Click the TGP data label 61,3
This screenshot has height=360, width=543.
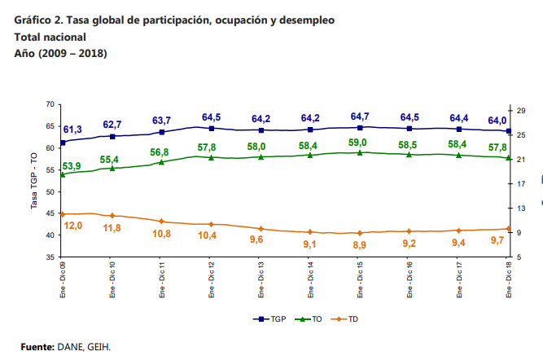tap(72, 130)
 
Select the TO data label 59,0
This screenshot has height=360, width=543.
tap(359, 143)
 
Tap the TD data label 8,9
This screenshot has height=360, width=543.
tap(359, 244)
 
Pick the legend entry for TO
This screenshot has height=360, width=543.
tap(310, 319)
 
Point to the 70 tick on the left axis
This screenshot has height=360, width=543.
tap(50, 104)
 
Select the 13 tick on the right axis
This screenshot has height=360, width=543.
tap(522, 209)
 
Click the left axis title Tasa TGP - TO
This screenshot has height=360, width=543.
tap(34, 181)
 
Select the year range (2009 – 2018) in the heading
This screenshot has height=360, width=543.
tap(72, 53)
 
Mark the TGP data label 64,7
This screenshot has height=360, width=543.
tap(359, 116)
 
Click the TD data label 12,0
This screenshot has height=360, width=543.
tap(73, 226)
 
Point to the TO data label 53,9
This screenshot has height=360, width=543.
tap(72, 166)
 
